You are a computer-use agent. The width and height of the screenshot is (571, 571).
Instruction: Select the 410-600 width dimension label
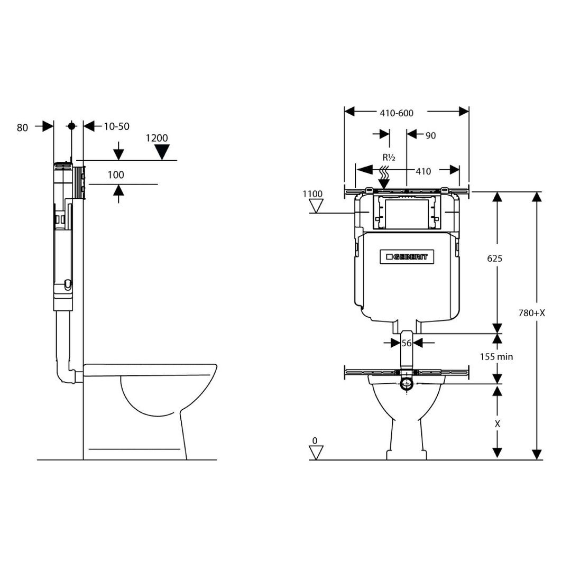(396, 113)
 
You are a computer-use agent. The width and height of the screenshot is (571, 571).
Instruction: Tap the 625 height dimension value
(494, 259)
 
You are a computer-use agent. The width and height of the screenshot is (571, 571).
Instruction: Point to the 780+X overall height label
(531, 312)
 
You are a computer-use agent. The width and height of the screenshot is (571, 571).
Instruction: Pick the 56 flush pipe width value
(406, 343)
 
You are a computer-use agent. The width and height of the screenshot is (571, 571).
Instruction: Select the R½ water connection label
(389, 158)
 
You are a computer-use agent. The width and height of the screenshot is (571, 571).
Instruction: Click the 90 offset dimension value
(430, 135)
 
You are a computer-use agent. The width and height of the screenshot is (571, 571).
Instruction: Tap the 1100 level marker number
(312, 194)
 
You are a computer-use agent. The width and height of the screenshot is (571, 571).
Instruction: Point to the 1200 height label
(157, 138)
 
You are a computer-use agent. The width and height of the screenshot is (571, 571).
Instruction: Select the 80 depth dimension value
(22, 127)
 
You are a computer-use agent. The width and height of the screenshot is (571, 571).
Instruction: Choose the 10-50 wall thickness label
(116, 126)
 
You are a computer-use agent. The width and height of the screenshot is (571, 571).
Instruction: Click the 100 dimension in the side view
(116, 175)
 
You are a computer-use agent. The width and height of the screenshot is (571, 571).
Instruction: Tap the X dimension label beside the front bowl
(497, 423)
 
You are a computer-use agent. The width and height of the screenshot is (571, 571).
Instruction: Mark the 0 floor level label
(315, 440)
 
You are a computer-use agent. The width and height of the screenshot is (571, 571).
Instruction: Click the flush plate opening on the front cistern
(407, 214)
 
